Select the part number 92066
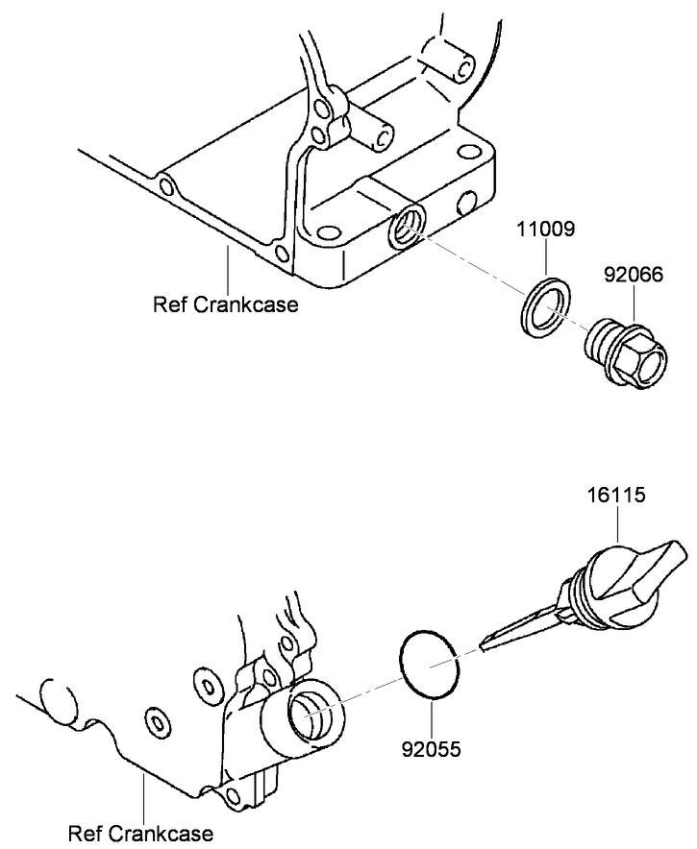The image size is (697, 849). [633, 275]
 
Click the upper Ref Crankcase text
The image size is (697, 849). [226, 305]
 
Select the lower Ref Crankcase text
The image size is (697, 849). [140, 833]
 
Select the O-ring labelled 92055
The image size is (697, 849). [431, 664]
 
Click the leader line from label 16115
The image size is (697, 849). [616, 522]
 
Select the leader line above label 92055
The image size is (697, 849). [432, 715]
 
